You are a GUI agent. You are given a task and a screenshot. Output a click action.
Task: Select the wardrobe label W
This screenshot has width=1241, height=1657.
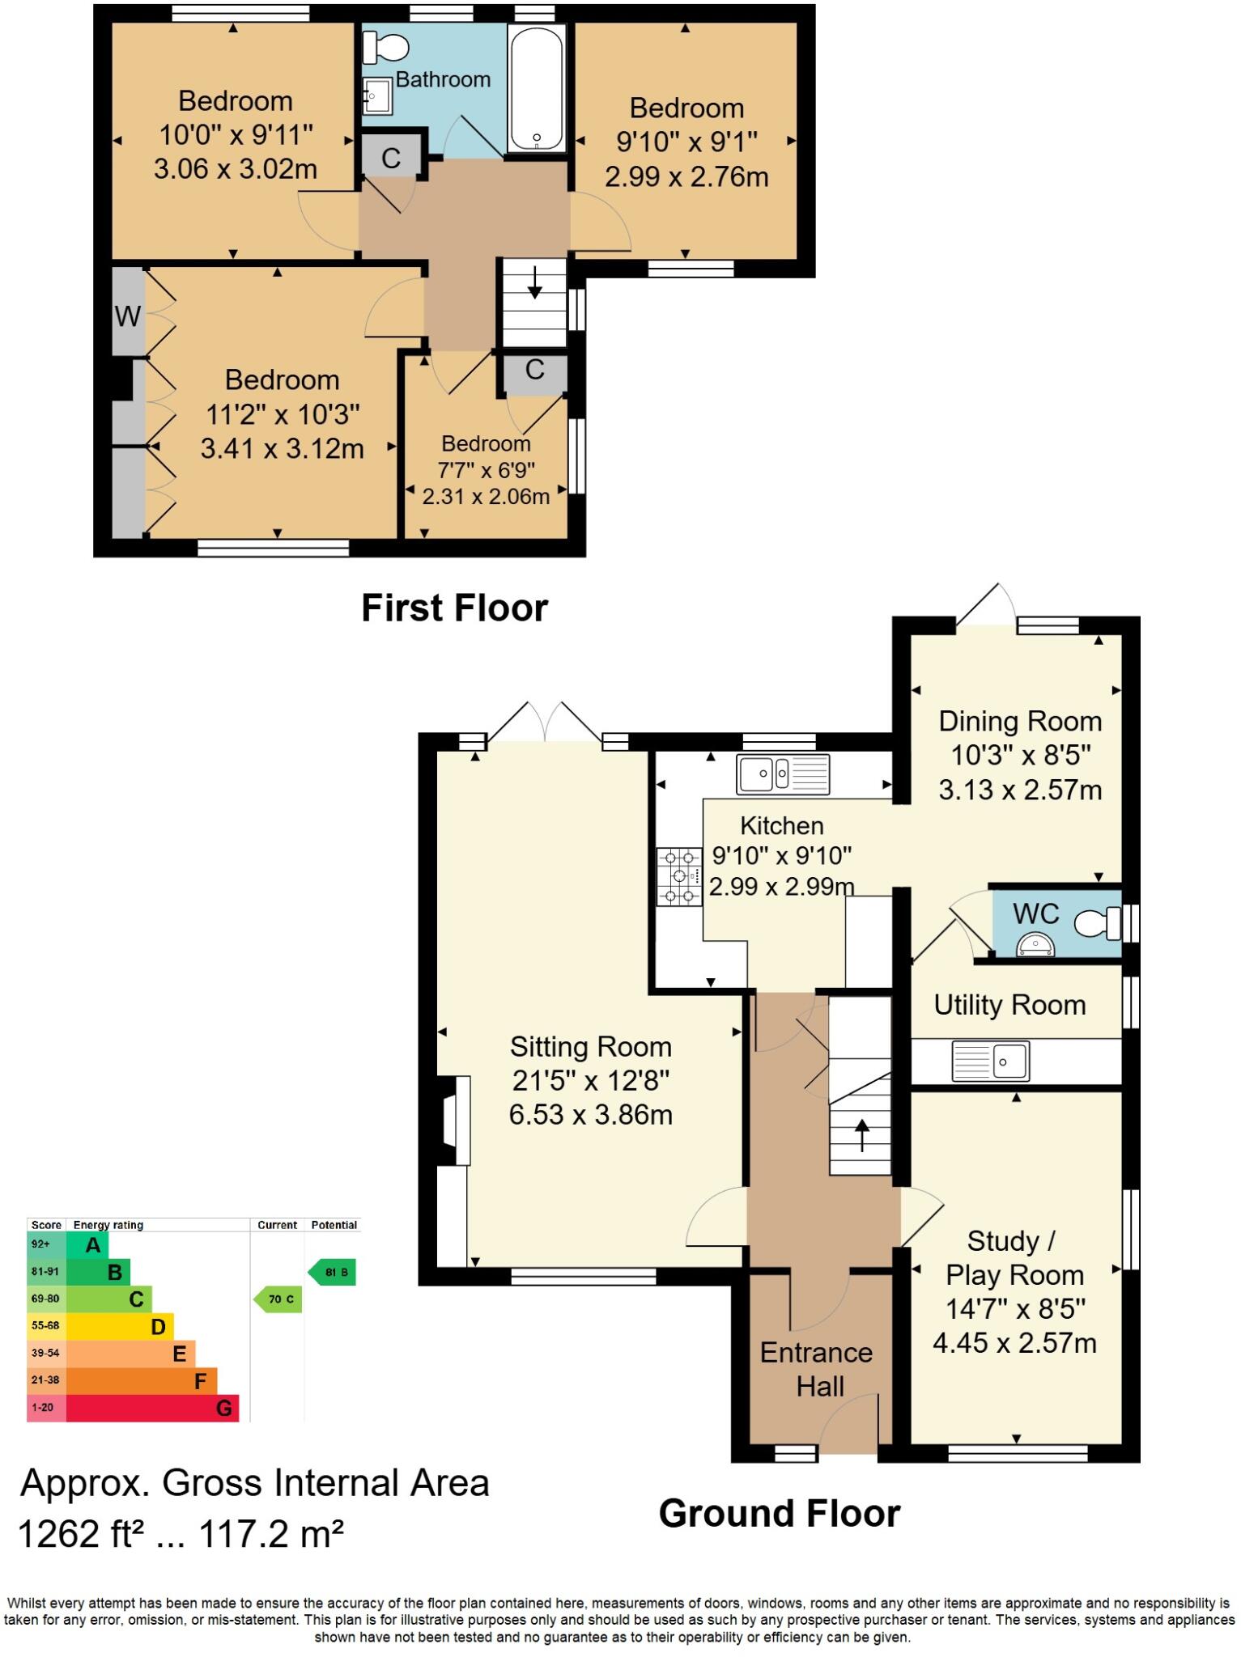(x=127, y=316)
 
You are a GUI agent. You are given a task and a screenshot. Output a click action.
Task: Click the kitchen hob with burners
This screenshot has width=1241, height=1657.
(x=679, y=875)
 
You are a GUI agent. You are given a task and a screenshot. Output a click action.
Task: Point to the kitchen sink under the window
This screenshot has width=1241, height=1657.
(x=782, y=773)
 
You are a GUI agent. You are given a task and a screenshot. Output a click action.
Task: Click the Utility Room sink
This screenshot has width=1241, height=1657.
(x=991, y=1062)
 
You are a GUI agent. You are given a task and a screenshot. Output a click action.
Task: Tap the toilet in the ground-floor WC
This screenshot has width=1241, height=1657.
(x=1096, y=922)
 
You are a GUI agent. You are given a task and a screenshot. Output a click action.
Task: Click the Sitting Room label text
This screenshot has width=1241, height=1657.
(x=590, y=1047)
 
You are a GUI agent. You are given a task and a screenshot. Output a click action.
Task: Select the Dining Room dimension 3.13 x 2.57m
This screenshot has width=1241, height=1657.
(x=1020, y=789)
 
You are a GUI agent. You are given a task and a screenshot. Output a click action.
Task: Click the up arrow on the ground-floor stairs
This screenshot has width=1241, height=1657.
(x=861, y=1135)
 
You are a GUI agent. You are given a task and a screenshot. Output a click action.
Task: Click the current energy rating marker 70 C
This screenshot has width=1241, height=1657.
(x=279, y=1299)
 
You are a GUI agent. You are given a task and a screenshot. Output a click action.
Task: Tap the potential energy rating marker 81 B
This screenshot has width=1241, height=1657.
(x=333, y=1272)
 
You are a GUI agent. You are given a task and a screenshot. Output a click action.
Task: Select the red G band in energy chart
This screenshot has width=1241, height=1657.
(x=152, y=1408)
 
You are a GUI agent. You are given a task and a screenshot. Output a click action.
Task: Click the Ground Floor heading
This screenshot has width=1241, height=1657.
(x=779, y=1513)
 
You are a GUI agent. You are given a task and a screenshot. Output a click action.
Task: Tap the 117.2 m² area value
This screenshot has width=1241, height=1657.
(x=271, y=1533)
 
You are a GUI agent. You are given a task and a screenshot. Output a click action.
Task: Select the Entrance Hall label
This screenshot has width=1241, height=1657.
(x=817, y=1369)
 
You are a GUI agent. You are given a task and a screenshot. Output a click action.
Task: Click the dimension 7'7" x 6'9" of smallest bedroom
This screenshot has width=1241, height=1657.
(x=487, y=470)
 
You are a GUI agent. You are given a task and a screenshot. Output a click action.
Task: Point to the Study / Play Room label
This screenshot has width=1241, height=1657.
(x=1014, y=1258)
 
